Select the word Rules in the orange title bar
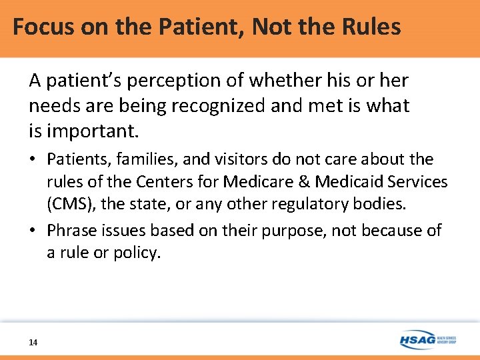371,27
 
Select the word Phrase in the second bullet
70,231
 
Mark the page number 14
33,343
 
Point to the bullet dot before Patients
33,160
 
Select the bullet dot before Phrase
33,231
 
